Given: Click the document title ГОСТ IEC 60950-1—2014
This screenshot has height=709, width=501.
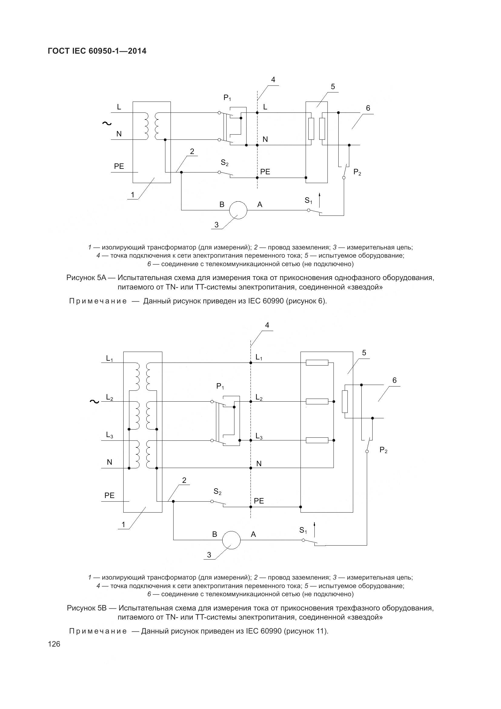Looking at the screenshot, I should click(x=97, y=51).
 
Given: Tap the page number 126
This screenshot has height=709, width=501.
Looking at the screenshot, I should click(x=54, y=644).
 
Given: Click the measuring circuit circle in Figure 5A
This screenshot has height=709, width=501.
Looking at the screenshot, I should click(x=238, y=210).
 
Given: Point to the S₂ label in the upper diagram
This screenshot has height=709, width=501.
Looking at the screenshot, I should click(x=224, y=163).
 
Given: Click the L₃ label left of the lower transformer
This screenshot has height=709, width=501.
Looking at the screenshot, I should click(x=110, y=435).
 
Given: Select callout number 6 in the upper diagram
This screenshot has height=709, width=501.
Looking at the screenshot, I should click(x=368, y=109).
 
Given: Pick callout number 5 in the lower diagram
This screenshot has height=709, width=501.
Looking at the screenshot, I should click(x=364, y=353).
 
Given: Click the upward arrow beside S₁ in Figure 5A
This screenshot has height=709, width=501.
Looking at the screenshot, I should click(x=320, y=199).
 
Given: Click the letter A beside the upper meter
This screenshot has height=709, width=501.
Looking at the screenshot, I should click(x=260, y=204).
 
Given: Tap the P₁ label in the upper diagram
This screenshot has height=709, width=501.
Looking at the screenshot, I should click(x=227, y=98).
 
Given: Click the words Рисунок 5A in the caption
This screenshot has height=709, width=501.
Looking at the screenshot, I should click(x=86, y=278).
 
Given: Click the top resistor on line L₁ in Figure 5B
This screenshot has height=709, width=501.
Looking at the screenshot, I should click(x=317, y=363).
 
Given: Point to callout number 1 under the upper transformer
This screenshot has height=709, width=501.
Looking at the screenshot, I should click(x=133, y=195).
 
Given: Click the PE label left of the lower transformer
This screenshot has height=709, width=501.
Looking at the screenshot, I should click(x=109, y=495).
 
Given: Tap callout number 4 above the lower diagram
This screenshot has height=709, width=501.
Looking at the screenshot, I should click(x=267, y=325).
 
